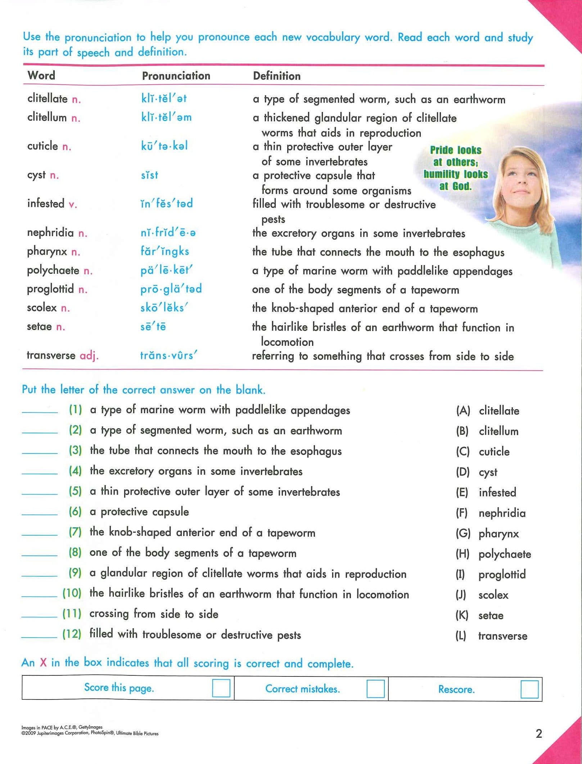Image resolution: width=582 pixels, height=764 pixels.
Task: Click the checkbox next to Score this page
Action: click(221, 688)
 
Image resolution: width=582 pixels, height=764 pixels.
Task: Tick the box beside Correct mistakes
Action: click(375, 689)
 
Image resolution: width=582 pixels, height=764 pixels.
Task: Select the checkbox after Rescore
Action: click(529, 689)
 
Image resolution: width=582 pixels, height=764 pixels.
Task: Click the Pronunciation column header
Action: click(176, 76)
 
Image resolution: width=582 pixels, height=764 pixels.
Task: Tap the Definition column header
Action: click(276, 76)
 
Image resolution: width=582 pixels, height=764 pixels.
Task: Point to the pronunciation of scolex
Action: click(164, 308)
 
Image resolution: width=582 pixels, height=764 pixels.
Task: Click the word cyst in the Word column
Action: click(36, 175)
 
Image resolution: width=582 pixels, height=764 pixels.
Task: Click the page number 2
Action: click(538, 733)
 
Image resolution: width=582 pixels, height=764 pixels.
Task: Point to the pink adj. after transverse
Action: click(89, 356)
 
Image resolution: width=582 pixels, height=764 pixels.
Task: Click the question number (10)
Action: click(72, 593)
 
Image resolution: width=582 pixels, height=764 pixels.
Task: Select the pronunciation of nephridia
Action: click(168, 233)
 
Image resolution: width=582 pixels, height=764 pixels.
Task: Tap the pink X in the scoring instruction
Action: click(43, 662)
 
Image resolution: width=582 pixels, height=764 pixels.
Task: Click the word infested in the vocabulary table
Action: click(46, 204)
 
